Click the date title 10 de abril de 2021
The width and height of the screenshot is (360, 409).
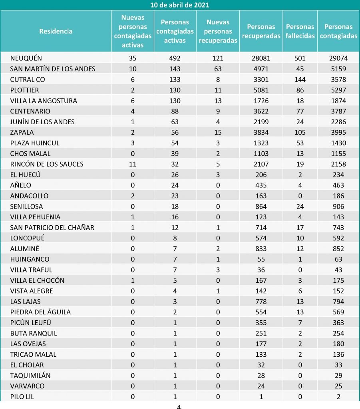pyautogui.click(x=180, y=5)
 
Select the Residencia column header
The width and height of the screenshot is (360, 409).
pyautogui.click(x=56, y=31)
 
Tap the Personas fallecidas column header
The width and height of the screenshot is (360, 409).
pyautogui.click(x=300, y=31)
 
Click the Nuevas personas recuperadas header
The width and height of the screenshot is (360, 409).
pyautogui.click(x=218, y=31)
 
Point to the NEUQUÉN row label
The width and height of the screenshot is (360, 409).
pyautogui.click(x=26, y=58)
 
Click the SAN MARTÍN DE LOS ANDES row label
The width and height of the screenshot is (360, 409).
pyautogui.click(x=53, y=69)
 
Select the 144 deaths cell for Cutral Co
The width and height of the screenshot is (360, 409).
pyautogui.click(x=300, y=79)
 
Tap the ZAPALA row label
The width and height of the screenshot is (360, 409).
pyautogui.click(x=22, y=132)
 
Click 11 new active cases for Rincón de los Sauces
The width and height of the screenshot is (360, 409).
pyautogui.click(x=133, y=164)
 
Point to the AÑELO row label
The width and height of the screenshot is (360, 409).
pyautogui.click(x=21, y=185)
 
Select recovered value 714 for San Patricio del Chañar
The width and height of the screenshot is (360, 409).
pyautogui.click(x=261, y=228)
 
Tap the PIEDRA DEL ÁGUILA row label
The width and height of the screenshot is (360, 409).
pyautogui.click(x=40, y=312)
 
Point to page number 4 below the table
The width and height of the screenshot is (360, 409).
pyautogui.click(x=179, y=406)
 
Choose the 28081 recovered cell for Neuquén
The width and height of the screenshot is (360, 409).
pyautogui.click(x=261, y=58)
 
